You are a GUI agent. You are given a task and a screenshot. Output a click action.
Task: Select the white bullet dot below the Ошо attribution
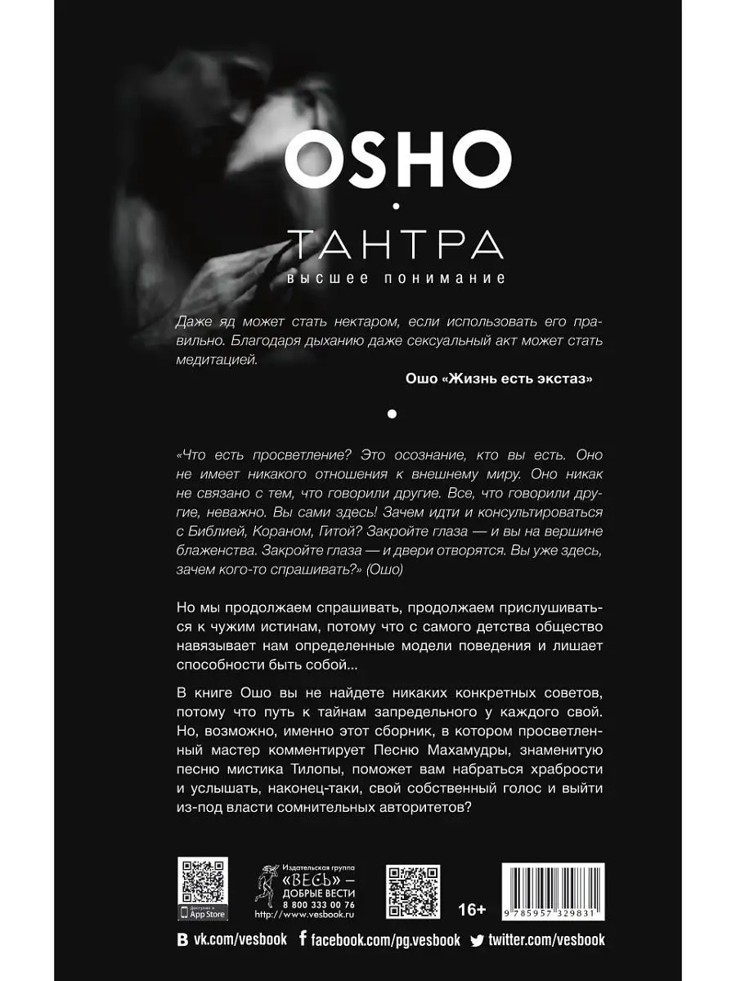point(392,414)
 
